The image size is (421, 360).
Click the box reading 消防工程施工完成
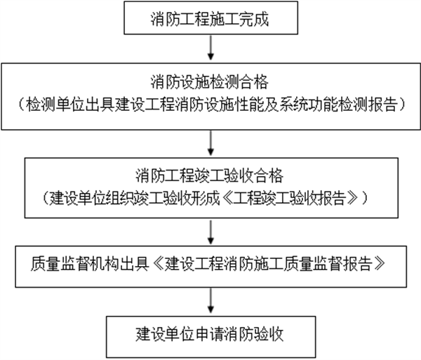click(210, 19)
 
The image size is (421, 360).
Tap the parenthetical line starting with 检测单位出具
click(210, 106)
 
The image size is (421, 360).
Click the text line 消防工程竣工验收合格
click(210, 173)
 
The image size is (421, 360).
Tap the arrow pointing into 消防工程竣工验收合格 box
click(210, 143)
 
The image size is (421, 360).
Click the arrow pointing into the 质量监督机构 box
click(210, 232)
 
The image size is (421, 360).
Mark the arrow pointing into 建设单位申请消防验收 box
click(210, 299)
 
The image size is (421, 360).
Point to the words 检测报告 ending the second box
click(375, 106)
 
